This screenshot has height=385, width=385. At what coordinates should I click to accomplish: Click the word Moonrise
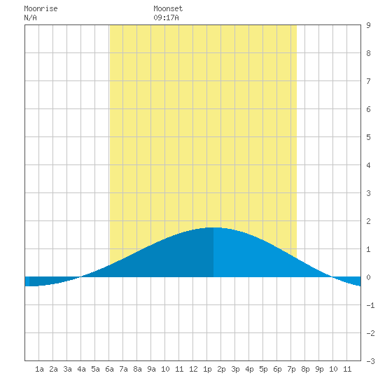point(41,9)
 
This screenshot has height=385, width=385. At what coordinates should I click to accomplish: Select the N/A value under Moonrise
point(30,17)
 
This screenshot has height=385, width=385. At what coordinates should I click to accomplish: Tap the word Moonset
point(168,9)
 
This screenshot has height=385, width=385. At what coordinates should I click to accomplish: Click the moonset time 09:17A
point(166,17)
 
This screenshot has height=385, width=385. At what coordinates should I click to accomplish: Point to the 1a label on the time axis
point(39,369)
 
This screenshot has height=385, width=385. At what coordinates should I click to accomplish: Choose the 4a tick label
point(81,369)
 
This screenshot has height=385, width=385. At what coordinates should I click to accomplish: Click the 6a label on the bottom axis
point(109,369)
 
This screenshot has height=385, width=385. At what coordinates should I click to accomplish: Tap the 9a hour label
point(151,369)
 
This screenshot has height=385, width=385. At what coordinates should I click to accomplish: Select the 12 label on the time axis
point(193,369)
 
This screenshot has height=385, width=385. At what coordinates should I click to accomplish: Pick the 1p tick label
point(207,369)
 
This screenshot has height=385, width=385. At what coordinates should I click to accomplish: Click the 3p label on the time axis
point(235,369)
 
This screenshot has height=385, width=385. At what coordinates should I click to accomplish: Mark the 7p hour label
point(291,369)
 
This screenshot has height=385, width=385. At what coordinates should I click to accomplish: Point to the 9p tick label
point(319,369)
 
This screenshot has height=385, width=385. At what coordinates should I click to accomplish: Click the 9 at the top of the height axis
point(368,25)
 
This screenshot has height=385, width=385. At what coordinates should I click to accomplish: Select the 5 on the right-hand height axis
point(368,137)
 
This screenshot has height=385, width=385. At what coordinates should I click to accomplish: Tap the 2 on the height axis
point(368,221)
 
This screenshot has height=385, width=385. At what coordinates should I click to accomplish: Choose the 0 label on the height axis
point(368,277)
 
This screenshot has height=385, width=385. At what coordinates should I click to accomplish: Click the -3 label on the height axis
point(370,361)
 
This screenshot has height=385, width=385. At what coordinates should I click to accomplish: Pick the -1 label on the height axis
point(370,305)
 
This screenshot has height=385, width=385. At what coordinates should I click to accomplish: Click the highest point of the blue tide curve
point(213,227)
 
